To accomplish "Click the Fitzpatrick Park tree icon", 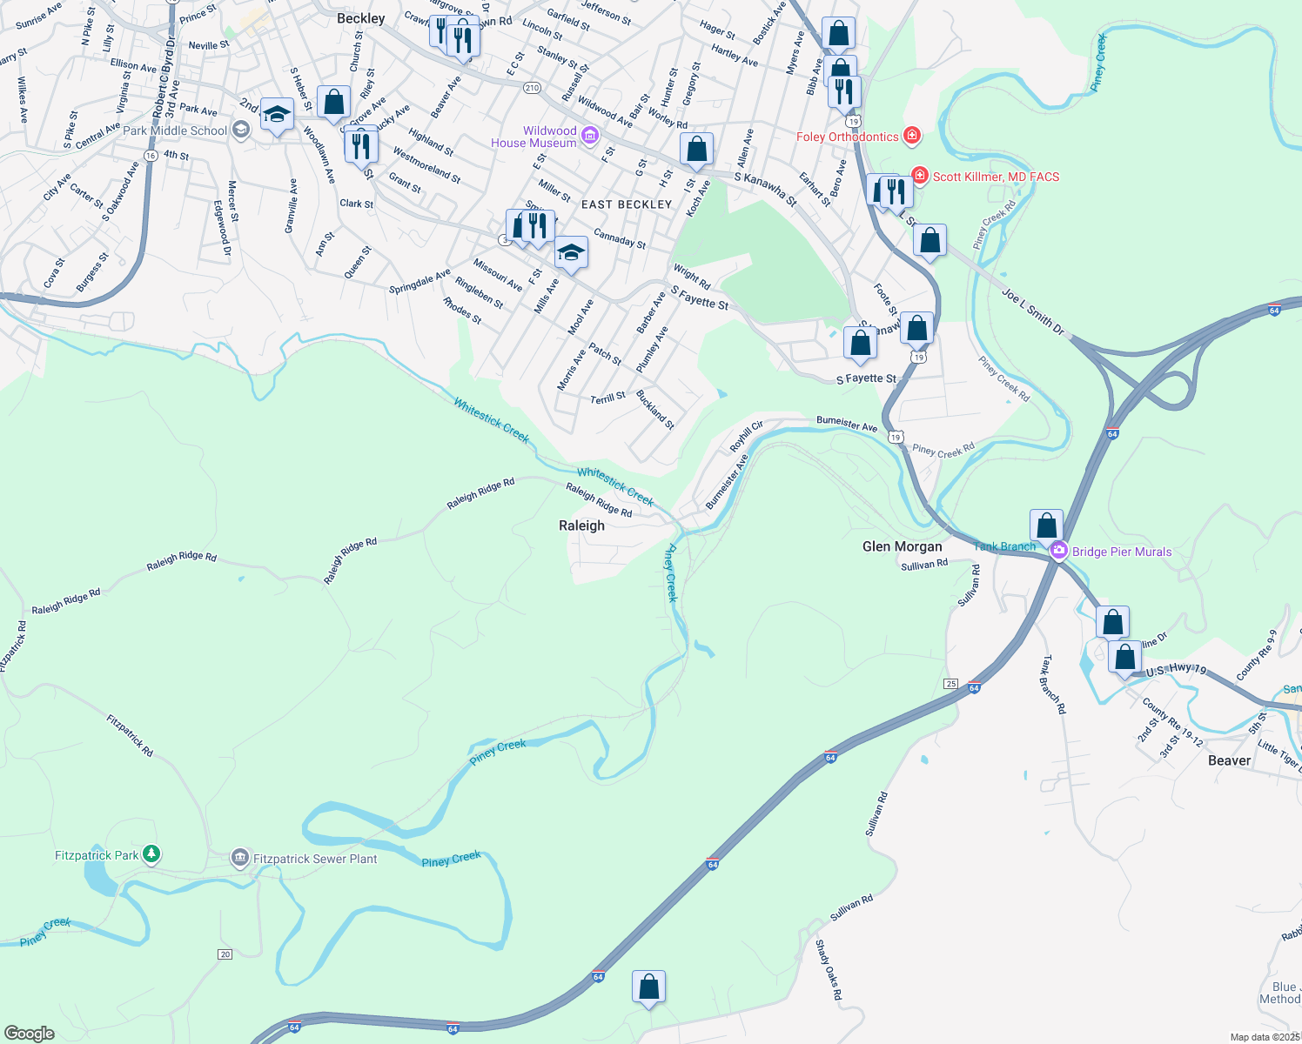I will [151, 854].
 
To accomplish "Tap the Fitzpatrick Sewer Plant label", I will [315, 859].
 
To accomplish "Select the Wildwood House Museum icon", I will [589, 135].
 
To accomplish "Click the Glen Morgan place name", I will [902, 546].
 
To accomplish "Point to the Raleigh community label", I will [581, 525].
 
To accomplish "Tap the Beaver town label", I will [1229, 760].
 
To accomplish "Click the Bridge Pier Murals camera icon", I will [1058, 551].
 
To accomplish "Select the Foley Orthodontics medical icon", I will [911, 135].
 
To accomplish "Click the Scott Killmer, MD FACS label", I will [996, 177].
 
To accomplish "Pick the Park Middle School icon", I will [241, 130].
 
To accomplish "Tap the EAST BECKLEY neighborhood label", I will [627, 204].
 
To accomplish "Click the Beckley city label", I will [360, 18].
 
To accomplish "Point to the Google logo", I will [30, 1034].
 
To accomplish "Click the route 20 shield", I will [225, 954].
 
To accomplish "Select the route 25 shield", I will [950, 684].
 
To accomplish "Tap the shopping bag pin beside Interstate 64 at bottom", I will [648, 987].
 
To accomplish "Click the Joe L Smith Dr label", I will [1032, 311].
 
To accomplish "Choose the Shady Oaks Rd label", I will [829, 969].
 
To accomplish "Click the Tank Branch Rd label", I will [1053, 685].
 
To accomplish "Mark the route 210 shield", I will [532, 88].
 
